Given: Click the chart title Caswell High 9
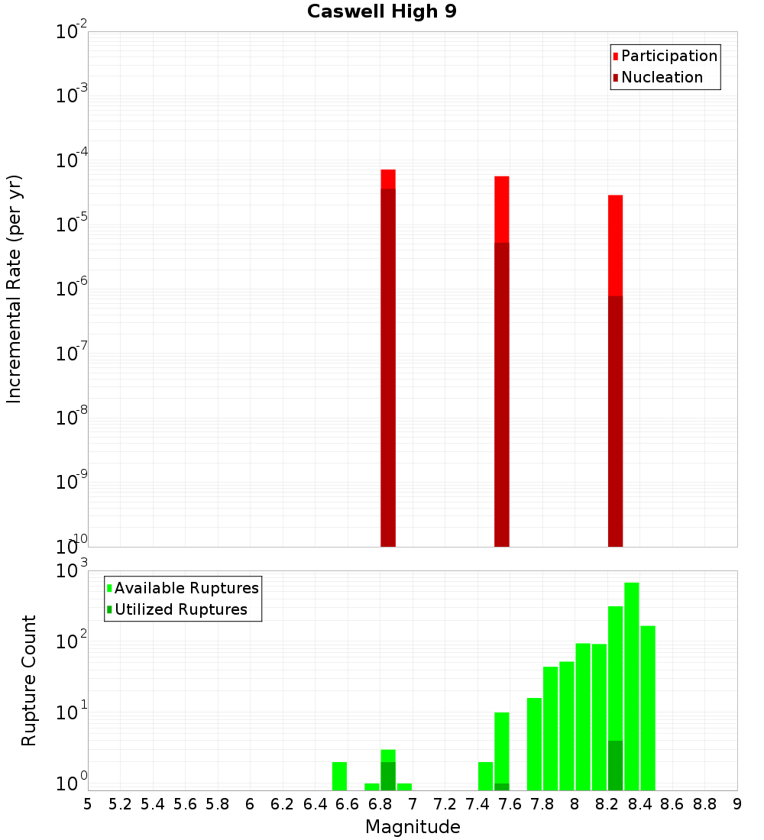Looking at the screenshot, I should (x=382, y=12).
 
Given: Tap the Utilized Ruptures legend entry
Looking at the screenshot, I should (x=180, y=609).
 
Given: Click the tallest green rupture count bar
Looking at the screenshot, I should (x=632, y=687).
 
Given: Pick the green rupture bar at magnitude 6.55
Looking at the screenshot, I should (x=340, y=776).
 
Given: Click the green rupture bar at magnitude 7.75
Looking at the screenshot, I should (x=535, y=744).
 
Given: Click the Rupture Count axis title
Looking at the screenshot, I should (x=29, y=680).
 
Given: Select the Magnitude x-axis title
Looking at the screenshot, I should (x=413, y=827).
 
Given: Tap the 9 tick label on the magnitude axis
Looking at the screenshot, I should (x=737, y=803).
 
